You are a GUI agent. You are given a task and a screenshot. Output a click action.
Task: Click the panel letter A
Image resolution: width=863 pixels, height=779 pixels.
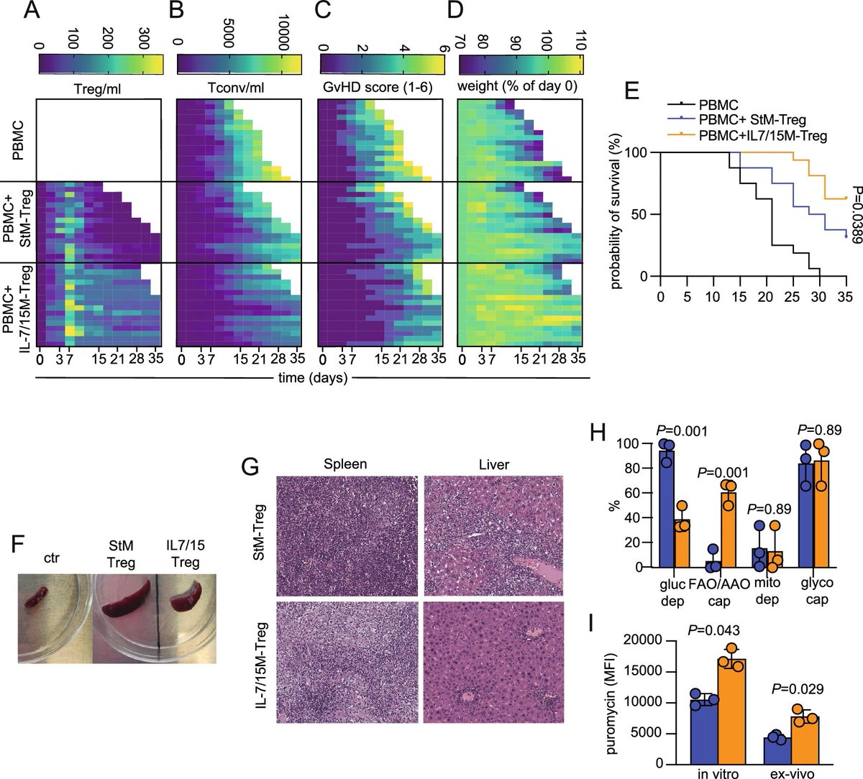(x=31, y=12)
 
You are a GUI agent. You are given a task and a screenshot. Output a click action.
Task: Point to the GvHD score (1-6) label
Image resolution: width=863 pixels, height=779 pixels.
(x=380, y=88)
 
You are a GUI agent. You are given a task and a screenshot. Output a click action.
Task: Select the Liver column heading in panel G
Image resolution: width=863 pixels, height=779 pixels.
(x=493, y=464)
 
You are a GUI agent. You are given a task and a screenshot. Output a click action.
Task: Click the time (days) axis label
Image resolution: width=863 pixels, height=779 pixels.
(x=313, y=377)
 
